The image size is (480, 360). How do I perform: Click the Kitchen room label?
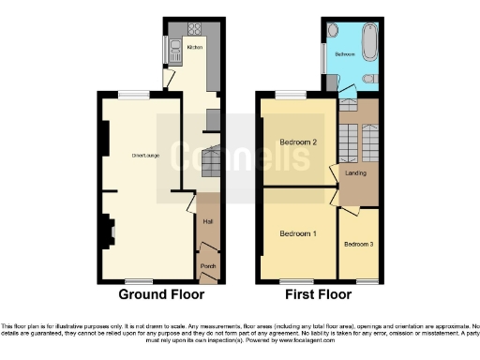[x=195, y=46]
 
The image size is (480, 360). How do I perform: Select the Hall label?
[x=207, y=221]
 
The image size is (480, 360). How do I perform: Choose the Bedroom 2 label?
[x=296, y=142]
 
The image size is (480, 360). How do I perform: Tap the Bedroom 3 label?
[x=358, y=245]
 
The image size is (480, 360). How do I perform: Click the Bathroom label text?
[x=346, y=55]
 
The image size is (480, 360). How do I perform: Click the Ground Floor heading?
[x=161, y=294]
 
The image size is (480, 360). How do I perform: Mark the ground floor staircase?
[x=211, y=163]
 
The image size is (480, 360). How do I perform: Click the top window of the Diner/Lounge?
[x=134, y=92]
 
